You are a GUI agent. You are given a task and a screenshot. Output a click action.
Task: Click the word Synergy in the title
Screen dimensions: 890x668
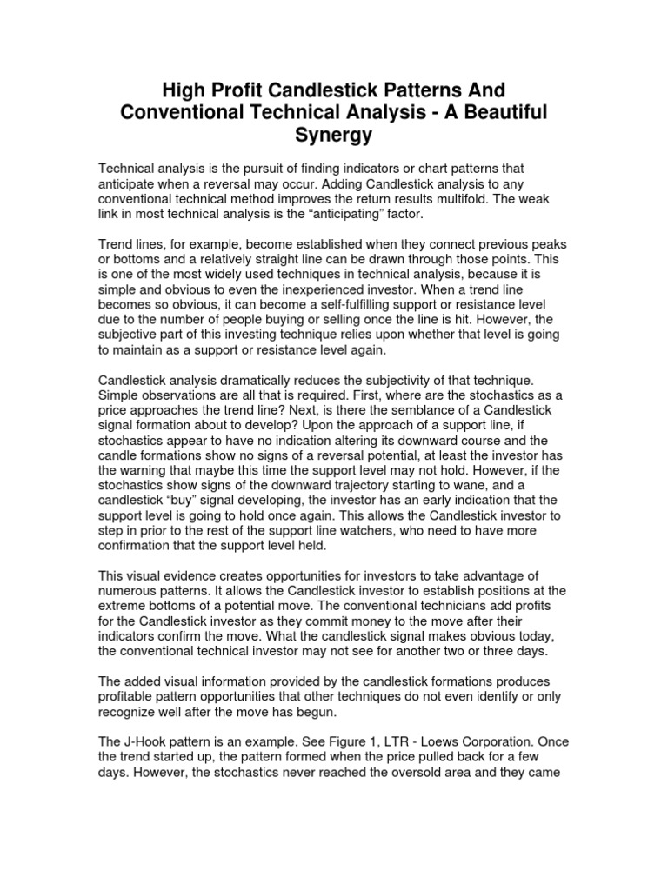click(334, 136)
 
